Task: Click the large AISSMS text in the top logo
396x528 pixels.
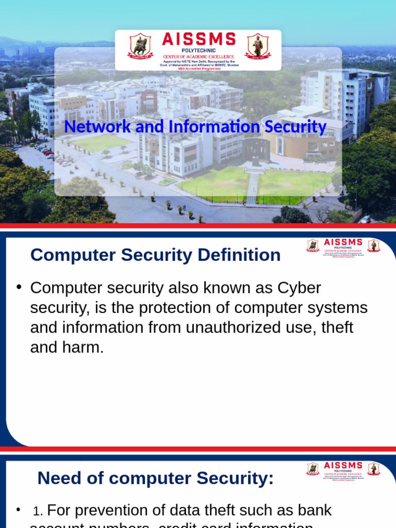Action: [x=199, y=39]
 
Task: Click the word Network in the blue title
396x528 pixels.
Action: [x=96, y=127]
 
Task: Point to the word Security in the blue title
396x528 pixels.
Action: [x=294, y=127]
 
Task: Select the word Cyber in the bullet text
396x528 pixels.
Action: [x=299, y=288]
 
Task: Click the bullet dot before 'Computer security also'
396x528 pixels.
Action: [x=18, y=287]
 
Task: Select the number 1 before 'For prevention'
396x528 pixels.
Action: [x=37, y=511]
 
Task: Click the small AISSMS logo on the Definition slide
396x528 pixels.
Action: [x=343, y=246]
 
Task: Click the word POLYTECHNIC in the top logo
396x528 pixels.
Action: [x=199, y=50]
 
